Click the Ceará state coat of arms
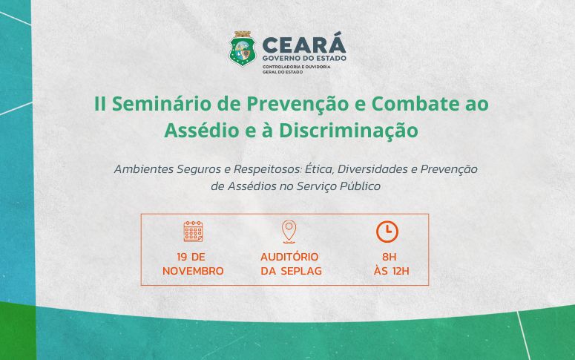(x=243, y=49)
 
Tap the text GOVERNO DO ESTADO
(x=304, y=59)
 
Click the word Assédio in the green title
(x=197, y=130)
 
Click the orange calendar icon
(x=193, y=232)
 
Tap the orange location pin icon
(x=289, y=231)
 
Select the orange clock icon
(x=387, y=232)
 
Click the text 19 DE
(x=193, y=257)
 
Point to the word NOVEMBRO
(x=193, y=271)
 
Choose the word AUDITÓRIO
(x=289, y=257)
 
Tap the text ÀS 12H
(x=391, y=271)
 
